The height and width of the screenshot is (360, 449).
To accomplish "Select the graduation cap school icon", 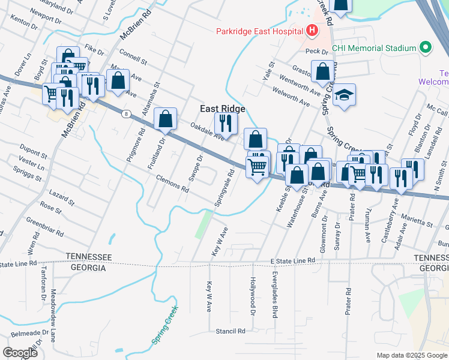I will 344,95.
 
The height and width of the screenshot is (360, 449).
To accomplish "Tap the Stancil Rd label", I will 231,331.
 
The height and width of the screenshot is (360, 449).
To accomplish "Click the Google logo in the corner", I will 20,352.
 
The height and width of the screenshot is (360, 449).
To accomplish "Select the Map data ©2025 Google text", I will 411,355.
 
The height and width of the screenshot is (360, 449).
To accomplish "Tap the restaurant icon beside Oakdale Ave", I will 226,124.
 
